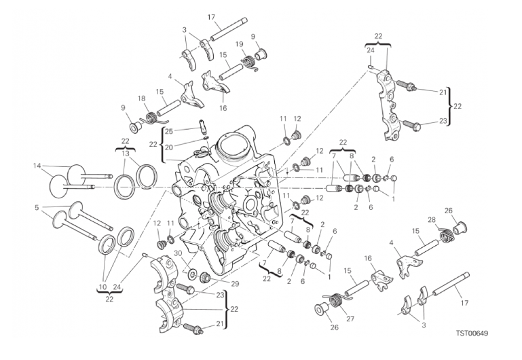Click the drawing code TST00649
click(472, 333)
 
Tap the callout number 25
click(169, 131)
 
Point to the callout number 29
click(235, 283)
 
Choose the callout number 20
click(169, 147)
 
